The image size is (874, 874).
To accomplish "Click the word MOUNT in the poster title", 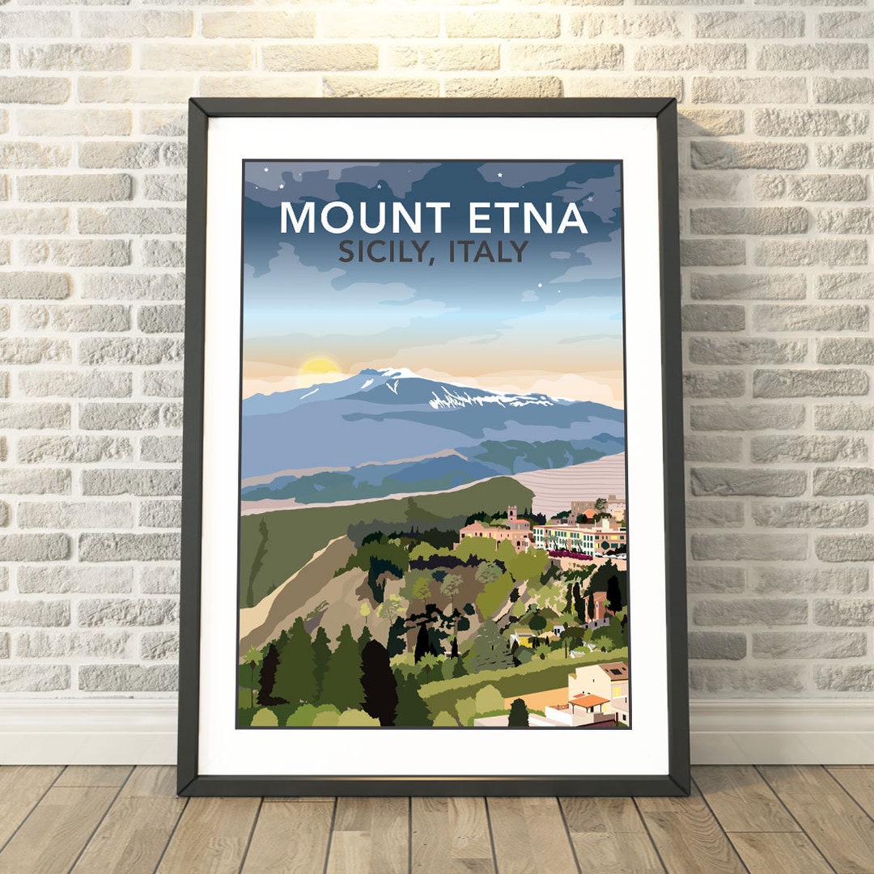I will point(364,218).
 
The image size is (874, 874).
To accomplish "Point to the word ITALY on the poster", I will point(489,252).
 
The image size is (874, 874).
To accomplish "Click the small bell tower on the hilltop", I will point(512,514).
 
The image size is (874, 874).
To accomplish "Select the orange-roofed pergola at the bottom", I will point(588,701).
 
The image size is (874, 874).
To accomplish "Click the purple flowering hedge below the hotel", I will point(571,554).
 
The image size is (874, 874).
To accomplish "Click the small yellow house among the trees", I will point(524,640).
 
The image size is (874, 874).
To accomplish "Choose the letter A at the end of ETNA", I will point(571,218).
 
